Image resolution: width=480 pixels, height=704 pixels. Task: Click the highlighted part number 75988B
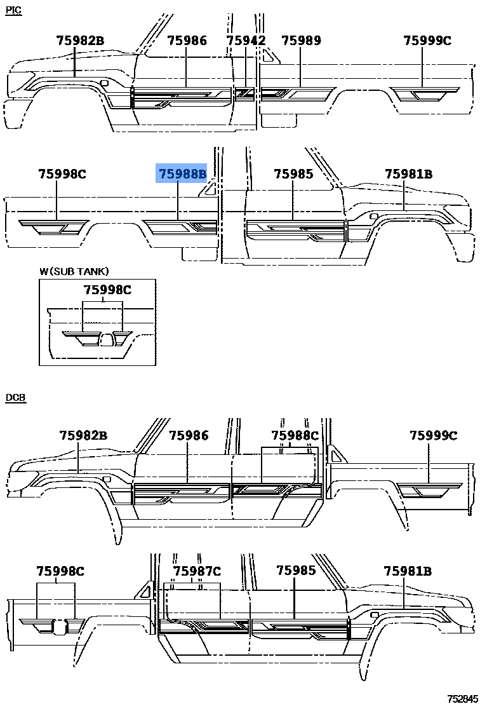click(x=182, y=173)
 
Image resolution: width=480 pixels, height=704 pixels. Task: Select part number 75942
click(x=246, y=41)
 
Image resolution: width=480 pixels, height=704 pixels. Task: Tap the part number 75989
click(x=301, y=41)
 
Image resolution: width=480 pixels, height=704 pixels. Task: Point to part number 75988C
click(x=295, y=436)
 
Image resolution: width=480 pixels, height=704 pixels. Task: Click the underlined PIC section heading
click(x=13, y=11)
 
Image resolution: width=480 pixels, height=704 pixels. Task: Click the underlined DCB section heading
click(x=15, y=398)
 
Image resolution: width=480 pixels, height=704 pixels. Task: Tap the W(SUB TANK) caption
click(x=74, y=271)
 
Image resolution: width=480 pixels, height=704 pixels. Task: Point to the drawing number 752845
click(x=462, y=698)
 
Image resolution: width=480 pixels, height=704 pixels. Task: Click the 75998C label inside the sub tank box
click(x=107, y=290)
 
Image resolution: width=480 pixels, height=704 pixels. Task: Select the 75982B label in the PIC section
click(x=80, y=41)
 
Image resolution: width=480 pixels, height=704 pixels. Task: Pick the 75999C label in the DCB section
click(x=433, y=436)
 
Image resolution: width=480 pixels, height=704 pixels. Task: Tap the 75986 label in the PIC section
click(x=187, y=41)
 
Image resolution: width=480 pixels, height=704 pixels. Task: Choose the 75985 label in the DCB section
click(x=296, y=571)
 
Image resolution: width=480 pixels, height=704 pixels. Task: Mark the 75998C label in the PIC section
click(x=62, y=173)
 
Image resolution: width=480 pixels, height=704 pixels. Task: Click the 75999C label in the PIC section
click(x=427, y=41)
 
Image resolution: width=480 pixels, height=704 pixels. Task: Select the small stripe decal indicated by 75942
click(x=244, y=93)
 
